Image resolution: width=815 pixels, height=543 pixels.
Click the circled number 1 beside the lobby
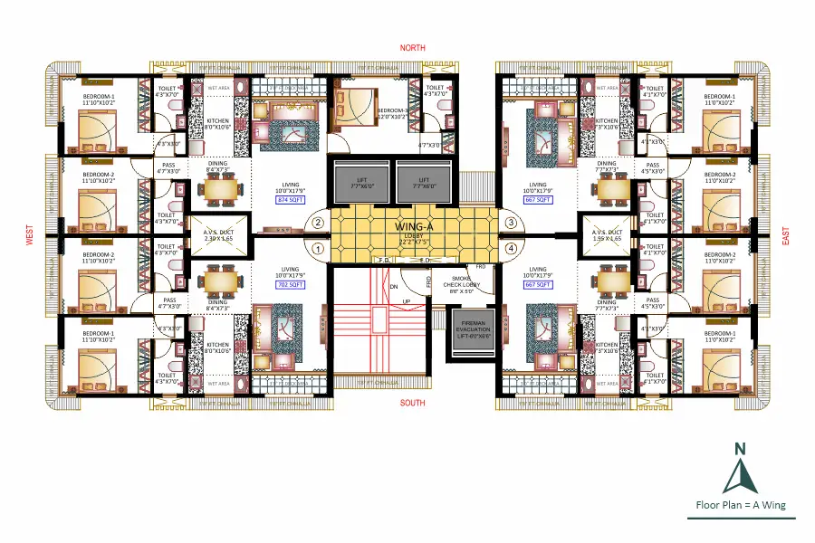click(x=318, y=247)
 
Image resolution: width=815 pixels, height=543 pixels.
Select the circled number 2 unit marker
click(x=318, y=222)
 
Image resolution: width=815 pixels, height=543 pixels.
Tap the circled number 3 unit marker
click(x=510, y=222)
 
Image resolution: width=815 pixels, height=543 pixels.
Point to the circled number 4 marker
click(x=510, y=247)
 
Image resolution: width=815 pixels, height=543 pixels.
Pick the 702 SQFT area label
click(x=291, y=284)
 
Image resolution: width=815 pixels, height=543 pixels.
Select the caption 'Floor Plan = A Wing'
click(x=740, y=505)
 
